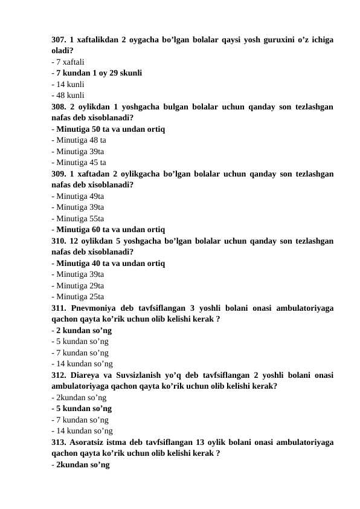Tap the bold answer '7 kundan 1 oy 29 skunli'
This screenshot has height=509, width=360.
[98, 73]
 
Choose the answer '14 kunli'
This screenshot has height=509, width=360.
[69, 84]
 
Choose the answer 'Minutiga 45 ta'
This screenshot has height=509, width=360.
[81, 162]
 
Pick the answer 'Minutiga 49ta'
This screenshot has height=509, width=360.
[80, 196]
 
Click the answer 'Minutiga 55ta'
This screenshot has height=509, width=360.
[80, 218]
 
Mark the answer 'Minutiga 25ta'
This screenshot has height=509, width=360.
[80, 297]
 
